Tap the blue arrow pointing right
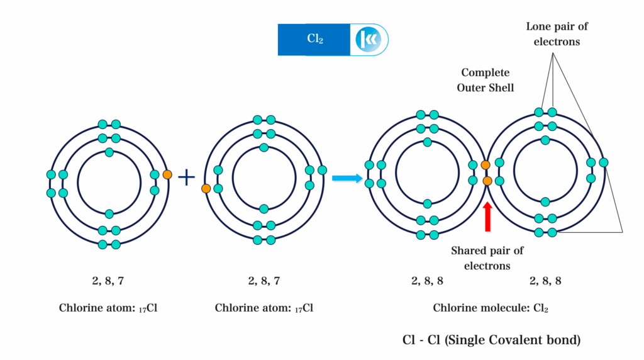(x=348, y=179)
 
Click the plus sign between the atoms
(x=186, y=177)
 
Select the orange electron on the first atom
(x=167, y=175)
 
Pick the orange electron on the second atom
(x=206, y=188)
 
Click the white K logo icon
(x=367, y=40)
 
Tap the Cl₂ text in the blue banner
(x=314, y=39)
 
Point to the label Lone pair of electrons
(x=557, y=34)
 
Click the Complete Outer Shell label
(x=486, y=80)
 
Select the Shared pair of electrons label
(x=487, y=258)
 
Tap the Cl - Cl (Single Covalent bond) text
(x=491, y=340)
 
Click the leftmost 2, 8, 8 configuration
(x=427, y=281)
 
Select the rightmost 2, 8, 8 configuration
(x=545, y=281)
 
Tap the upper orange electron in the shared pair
(x=485, y=166)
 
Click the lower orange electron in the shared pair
(x=487, y=181)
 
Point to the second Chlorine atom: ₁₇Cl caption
(x=264, y=308)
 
